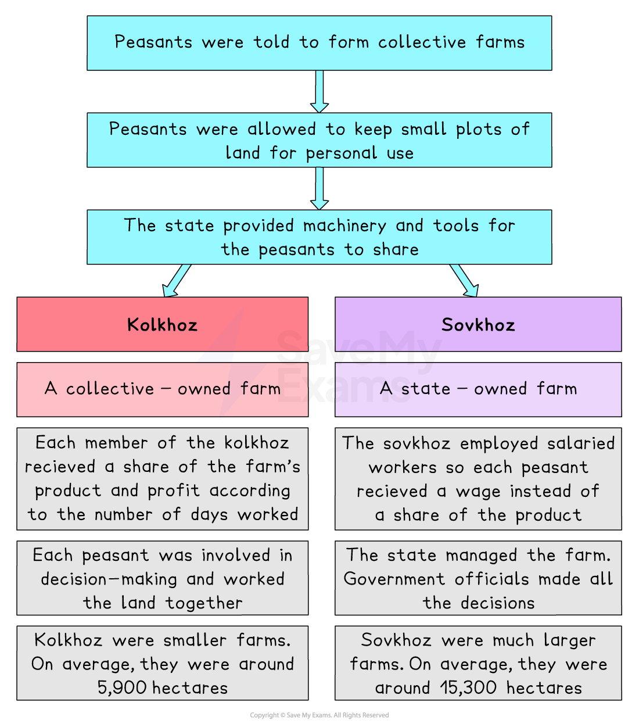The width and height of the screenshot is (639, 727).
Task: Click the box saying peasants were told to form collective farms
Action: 319,43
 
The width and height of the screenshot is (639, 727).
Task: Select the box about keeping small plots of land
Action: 319,140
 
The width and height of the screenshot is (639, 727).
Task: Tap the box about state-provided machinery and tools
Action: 319,237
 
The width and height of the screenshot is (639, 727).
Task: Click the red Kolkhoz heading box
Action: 162,324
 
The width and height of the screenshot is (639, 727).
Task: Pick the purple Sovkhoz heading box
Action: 478,324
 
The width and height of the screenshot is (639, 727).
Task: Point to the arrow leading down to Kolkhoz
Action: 177,280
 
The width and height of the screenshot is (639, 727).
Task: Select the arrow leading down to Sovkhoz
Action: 464,280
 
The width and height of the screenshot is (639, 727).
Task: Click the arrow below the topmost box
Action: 319,91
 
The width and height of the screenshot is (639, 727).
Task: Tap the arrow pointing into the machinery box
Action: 319,188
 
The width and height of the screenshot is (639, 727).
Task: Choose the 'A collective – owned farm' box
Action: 162,389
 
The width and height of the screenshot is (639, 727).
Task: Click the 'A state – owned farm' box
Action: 478,389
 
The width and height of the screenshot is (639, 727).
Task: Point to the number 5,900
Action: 122,688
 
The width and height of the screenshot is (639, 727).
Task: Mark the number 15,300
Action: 468,688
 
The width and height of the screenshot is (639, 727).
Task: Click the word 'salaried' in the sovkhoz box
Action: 581,444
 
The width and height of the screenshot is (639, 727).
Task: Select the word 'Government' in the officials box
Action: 394,579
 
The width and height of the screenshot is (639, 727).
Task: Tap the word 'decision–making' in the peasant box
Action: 109,579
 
